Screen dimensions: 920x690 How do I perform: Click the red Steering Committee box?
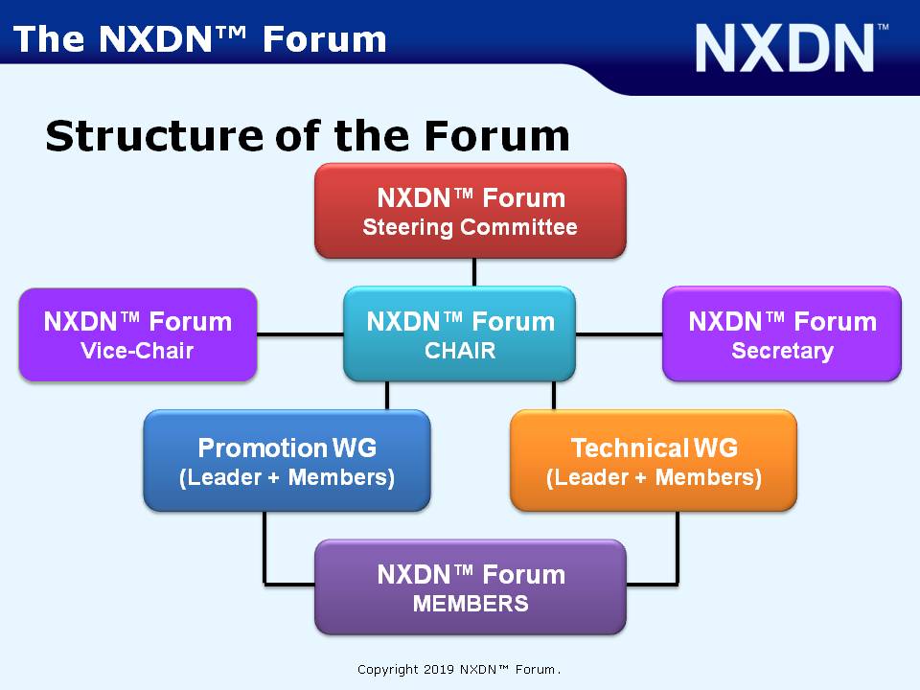(471, 211)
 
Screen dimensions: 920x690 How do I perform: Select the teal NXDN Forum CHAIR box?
(459, 333)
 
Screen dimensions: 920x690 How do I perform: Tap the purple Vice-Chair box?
(138, 335)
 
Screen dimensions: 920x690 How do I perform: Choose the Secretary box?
(782, 333)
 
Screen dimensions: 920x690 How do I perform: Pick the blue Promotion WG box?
(287, 461)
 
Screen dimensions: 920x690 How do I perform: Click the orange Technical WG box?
(654, 461)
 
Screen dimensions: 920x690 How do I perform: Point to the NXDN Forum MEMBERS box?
(471, 587)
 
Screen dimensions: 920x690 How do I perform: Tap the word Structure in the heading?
(154, 135)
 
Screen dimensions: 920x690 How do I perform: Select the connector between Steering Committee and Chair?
(474, 273)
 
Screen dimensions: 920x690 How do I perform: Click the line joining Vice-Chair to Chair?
(300, 335)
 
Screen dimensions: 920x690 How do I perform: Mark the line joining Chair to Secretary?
(619, 335)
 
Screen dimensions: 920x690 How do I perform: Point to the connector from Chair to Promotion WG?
(386, 396)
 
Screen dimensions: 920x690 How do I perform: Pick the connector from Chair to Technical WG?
(554, 396)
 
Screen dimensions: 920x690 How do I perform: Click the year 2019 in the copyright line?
(439, 670)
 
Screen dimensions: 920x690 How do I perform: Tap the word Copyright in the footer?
(388, 670)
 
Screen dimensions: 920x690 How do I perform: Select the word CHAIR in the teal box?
(460, 351)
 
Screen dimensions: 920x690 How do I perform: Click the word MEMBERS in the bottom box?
(471, 604)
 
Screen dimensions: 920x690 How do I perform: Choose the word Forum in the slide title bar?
(325, 39)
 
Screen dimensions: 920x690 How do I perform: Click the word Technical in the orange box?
(630, 448)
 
